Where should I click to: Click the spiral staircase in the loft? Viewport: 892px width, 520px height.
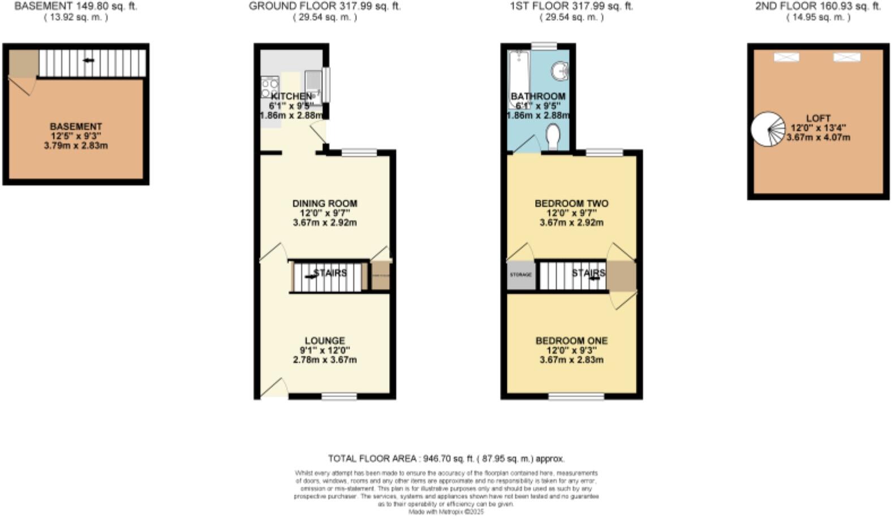[x=768, y=129]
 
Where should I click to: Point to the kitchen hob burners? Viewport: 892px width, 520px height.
[x=269, y=86]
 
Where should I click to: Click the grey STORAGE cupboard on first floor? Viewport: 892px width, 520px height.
[x=521, y=275]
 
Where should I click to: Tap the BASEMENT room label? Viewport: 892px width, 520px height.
[x=76, y=127]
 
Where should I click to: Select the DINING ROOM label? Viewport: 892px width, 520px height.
[x=325, y=203]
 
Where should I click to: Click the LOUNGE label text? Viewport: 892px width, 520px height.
[x=325, y=341]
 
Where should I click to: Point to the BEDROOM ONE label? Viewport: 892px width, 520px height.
[x=571, y=341]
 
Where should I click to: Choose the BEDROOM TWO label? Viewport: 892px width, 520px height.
[x=571, y=203]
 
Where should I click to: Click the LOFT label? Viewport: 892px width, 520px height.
[x=818, y=118]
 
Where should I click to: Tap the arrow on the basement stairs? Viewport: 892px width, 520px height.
[x=88, y=60]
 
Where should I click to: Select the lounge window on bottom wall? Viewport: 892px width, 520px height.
[x=339, y=397]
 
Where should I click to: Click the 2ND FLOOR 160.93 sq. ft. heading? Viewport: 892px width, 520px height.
[x=818, y=6]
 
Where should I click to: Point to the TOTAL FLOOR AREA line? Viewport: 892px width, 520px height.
[x=446, y=458]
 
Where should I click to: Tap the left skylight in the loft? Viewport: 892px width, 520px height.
[x=786, y=57]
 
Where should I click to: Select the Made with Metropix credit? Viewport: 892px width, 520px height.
[x=446, y=512]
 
